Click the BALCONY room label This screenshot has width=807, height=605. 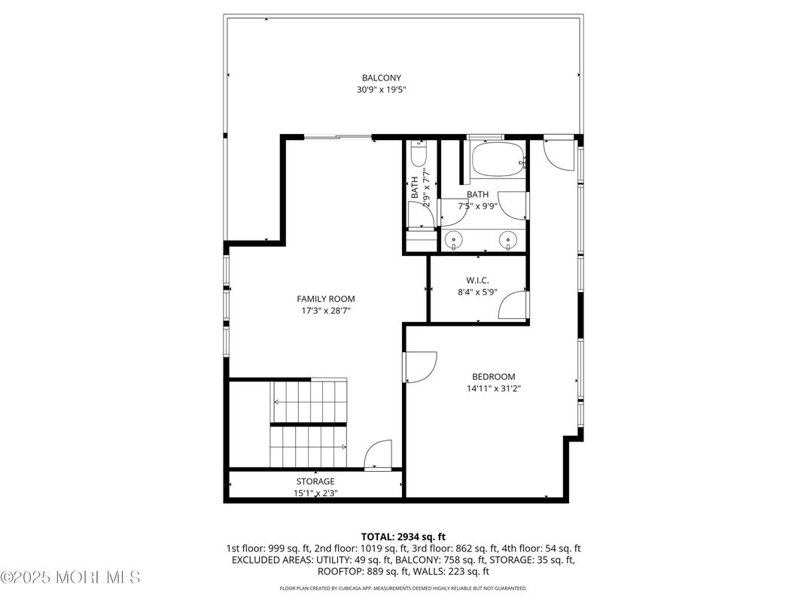(381, 78)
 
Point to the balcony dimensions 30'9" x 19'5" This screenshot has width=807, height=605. (381, 90)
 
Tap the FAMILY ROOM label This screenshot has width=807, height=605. (325, 299)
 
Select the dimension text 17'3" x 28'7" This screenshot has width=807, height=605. (325, 311)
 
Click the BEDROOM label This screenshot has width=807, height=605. (493, 377)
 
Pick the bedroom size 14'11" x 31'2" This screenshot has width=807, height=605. (493, 389)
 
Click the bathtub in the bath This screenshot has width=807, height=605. (496, 158)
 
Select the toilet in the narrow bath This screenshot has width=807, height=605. (419, 156)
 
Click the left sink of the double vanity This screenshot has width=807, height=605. (454, 240)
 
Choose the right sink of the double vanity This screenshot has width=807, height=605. (509, 240)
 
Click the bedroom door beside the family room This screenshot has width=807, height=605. (420, 368)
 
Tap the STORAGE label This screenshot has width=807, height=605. (315, 482)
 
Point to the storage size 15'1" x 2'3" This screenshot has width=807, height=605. (315, 494)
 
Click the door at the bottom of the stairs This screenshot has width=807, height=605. (376, 455)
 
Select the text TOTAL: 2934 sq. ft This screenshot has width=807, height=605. (403, 537)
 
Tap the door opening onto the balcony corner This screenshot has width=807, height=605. (558, 154)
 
